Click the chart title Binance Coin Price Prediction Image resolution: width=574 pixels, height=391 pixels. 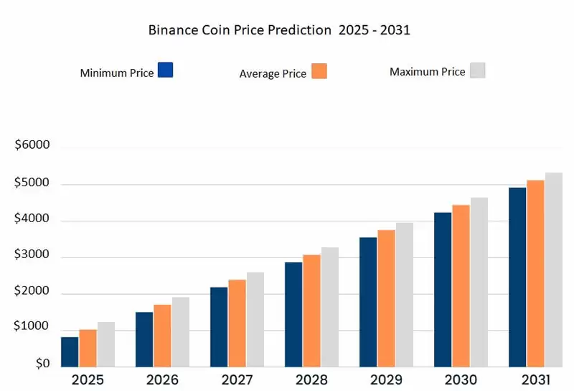(278, 30)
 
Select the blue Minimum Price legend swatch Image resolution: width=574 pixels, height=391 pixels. (165, 70)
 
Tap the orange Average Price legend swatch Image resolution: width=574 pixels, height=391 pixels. (319, 71)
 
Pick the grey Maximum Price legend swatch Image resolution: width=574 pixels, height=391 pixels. (477, 70)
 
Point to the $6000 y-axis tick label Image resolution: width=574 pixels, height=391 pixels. (32, 145)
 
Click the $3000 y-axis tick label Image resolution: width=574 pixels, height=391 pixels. (32, 255)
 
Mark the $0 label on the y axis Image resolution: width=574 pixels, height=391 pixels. (42, 364)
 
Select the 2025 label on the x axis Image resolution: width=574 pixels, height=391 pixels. (87, 379)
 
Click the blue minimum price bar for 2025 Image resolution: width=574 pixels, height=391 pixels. (70, 351)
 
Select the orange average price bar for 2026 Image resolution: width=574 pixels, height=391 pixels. (162, 336)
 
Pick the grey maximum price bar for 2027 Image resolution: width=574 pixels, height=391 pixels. (255, 320)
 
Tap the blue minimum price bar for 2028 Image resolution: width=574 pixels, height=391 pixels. (293, 315)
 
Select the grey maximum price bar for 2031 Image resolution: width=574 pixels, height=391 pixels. (553, 270)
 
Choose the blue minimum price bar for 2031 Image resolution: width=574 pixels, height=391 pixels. (517, 277)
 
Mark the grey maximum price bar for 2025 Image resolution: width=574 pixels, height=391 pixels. (106, 344)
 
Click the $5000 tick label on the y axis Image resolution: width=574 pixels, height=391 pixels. (32, 183)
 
